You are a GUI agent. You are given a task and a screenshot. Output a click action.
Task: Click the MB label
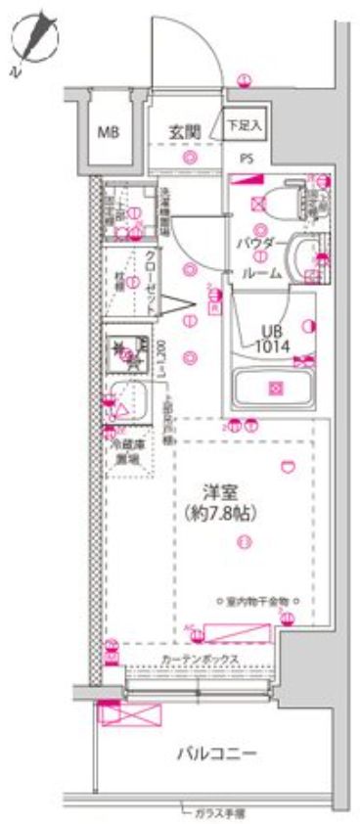pos(107,131)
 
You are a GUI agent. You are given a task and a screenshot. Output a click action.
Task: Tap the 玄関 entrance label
pos(183,131)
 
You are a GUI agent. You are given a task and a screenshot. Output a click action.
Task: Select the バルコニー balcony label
pos(216,754)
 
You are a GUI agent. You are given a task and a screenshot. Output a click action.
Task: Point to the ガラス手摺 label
pos(218,811)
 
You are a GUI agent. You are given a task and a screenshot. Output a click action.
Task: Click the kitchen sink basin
pos(126,401)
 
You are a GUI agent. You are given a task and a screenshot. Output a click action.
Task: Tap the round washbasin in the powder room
pos(303,256)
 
